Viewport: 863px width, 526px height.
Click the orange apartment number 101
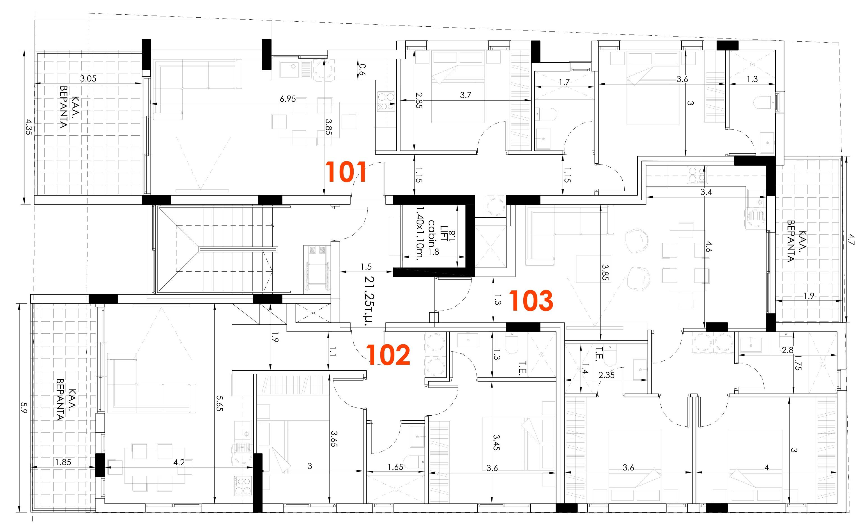click(346, 172)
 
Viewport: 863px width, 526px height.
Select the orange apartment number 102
click(388, 355)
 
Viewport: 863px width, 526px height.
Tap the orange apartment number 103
click(531, 301)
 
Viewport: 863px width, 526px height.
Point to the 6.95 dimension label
click(287, 99)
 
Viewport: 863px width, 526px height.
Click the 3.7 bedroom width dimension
click(466, 95)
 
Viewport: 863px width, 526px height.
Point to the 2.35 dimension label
click(606, 375)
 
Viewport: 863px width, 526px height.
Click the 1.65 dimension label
click(395, 467)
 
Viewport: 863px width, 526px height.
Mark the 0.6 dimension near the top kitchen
click(362, 69)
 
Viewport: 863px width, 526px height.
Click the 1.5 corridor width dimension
click(366, 267)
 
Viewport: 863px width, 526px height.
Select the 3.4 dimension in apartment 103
click(706, 192)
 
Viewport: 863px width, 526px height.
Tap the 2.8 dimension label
click(787, 350)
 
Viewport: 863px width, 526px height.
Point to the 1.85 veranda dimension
click(63, 462)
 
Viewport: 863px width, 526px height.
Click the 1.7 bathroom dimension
click(564, 82)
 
